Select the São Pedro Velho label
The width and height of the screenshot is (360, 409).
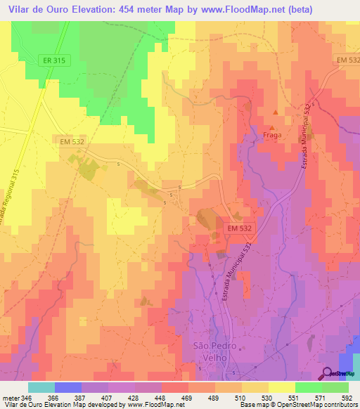(x=211, y=351)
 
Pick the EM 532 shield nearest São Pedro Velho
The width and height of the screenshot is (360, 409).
(x=240, y=228)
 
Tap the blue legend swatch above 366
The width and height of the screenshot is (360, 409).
(x=68, y=387)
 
